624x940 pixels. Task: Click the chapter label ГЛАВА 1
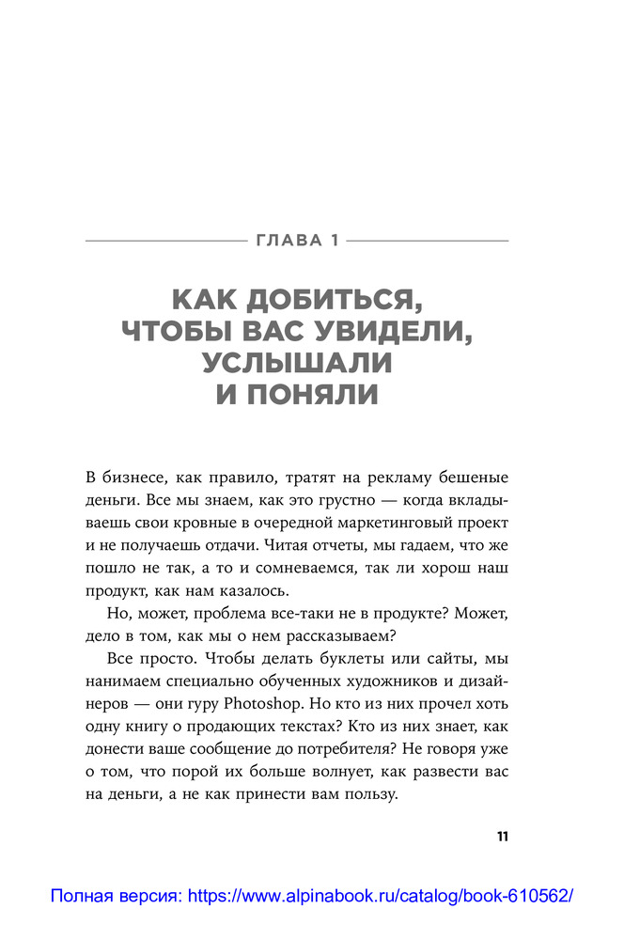pyautogui.click(x=297, y=243)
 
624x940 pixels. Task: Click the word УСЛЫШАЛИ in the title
pyautogui.click(x=297, y=364)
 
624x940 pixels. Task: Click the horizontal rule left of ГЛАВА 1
pyautogui.click(x=165, y=243)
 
